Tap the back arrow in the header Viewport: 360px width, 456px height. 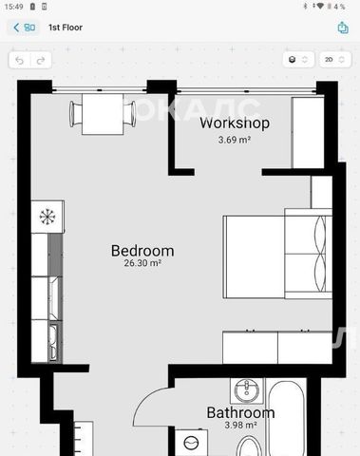[x=16, y=28]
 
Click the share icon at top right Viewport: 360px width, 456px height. [x=343, y=28]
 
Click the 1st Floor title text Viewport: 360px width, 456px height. [x=66, y=28]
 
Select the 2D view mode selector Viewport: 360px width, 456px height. [x=335, y=60]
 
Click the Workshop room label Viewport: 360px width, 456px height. [x=235, y=123]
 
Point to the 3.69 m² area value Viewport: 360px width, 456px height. [x=235, y=140]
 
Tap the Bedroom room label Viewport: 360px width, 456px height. [x=142, y=251]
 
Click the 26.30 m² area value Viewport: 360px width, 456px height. [x=142, y=263]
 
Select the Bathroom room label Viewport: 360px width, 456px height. [x=240, y=412]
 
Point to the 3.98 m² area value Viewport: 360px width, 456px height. [x=240, y=425]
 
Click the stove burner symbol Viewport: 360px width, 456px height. [x=47, y=217]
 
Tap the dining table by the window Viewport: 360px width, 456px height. [x=103, y=114]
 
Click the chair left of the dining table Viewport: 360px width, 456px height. [x=76, y=114]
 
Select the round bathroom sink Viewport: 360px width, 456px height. [x=247, y=390]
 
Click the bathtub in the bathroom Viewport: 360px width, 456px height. [x=286, y=418]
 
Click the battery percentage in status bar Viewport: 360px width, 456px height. [x=339, y=7]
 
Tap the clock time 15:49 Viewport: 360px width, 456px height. [x=13, y=7]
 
